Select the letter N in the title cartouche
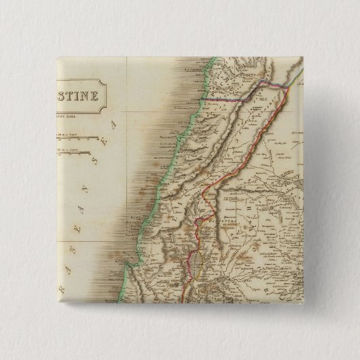[86, 94]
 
